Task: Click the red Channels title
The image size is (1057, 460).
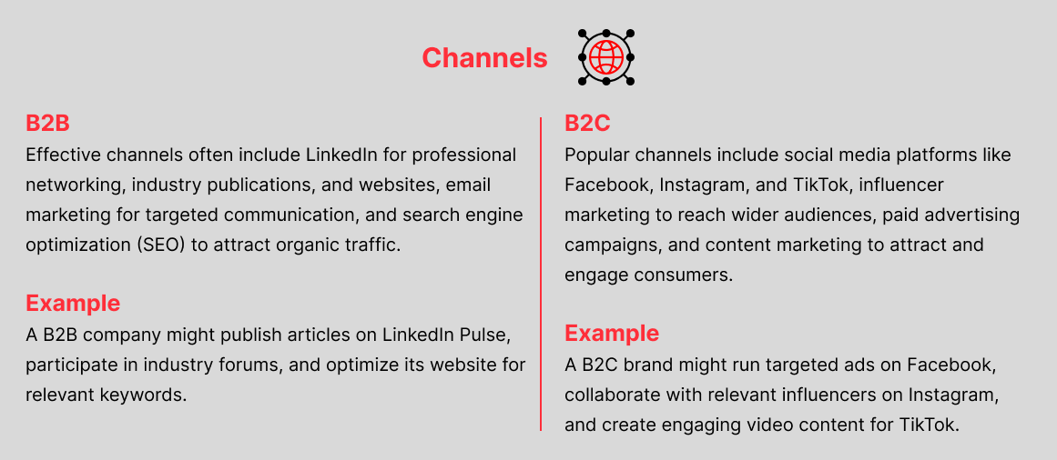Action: coord(484,58)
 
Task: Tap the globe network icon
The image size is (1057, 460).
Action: coord(606,57)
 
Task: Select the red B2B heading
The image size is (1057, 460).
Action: coord(48,124)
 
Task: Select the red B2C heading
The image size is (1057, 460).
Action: coord(588,124)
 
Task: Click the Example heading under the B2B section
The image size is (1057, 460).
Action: coord(73,304)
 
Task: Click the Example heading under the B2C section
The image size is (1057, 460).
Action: coord(612,334)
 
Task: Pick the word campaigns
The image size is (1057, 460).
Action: coord(612,245)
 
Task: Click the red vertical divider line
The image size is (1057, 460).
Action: coord(541,274)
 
